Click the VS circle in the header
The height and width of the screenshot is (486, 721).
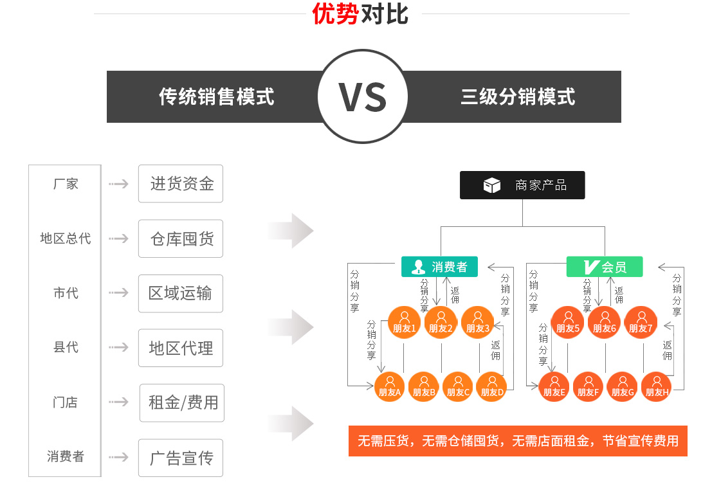[362, 96]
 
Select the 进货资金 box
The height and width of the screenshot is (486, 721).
[181, 183]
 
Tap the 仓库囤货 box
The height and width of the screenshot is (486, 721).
[181, 239]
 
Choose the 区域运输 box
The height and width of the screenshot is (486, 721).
[181, 293]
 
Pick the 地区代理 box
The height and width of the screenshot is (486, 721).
[181, 348]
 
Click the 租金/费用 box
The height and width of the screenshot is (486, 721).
[182, 403]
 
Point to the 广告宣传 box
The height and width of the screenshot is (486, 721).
[181, 458]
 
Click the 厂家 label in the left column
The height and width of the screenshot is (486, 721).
[66, 184]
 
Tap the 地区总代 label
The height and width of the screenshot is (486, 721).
[66, 238]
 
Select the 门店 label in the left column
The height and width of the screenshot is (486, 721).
[66, 402]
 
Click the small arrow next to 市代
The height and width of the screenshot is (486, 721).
[118, 293]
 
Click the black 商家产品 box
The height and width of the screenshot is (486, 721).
[522, 185]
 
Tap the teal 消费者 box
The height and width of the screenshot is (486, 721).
[439, 267]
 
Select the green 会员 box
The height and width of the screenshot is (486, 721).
[605, 267]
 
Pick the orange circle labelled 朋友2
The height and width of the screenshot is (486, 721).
[441, 322]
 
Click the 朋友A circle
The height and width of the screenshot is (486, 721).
[390, 387]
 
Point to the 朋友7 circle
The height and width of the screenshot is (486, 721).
[641, 322]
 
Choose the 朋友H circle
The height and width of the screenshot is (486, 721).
[657, 387]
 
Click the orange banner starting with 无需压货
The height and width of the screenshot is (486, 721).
[518, 441]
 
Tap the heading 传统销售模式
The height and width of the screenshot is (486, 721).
[217, 97]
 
